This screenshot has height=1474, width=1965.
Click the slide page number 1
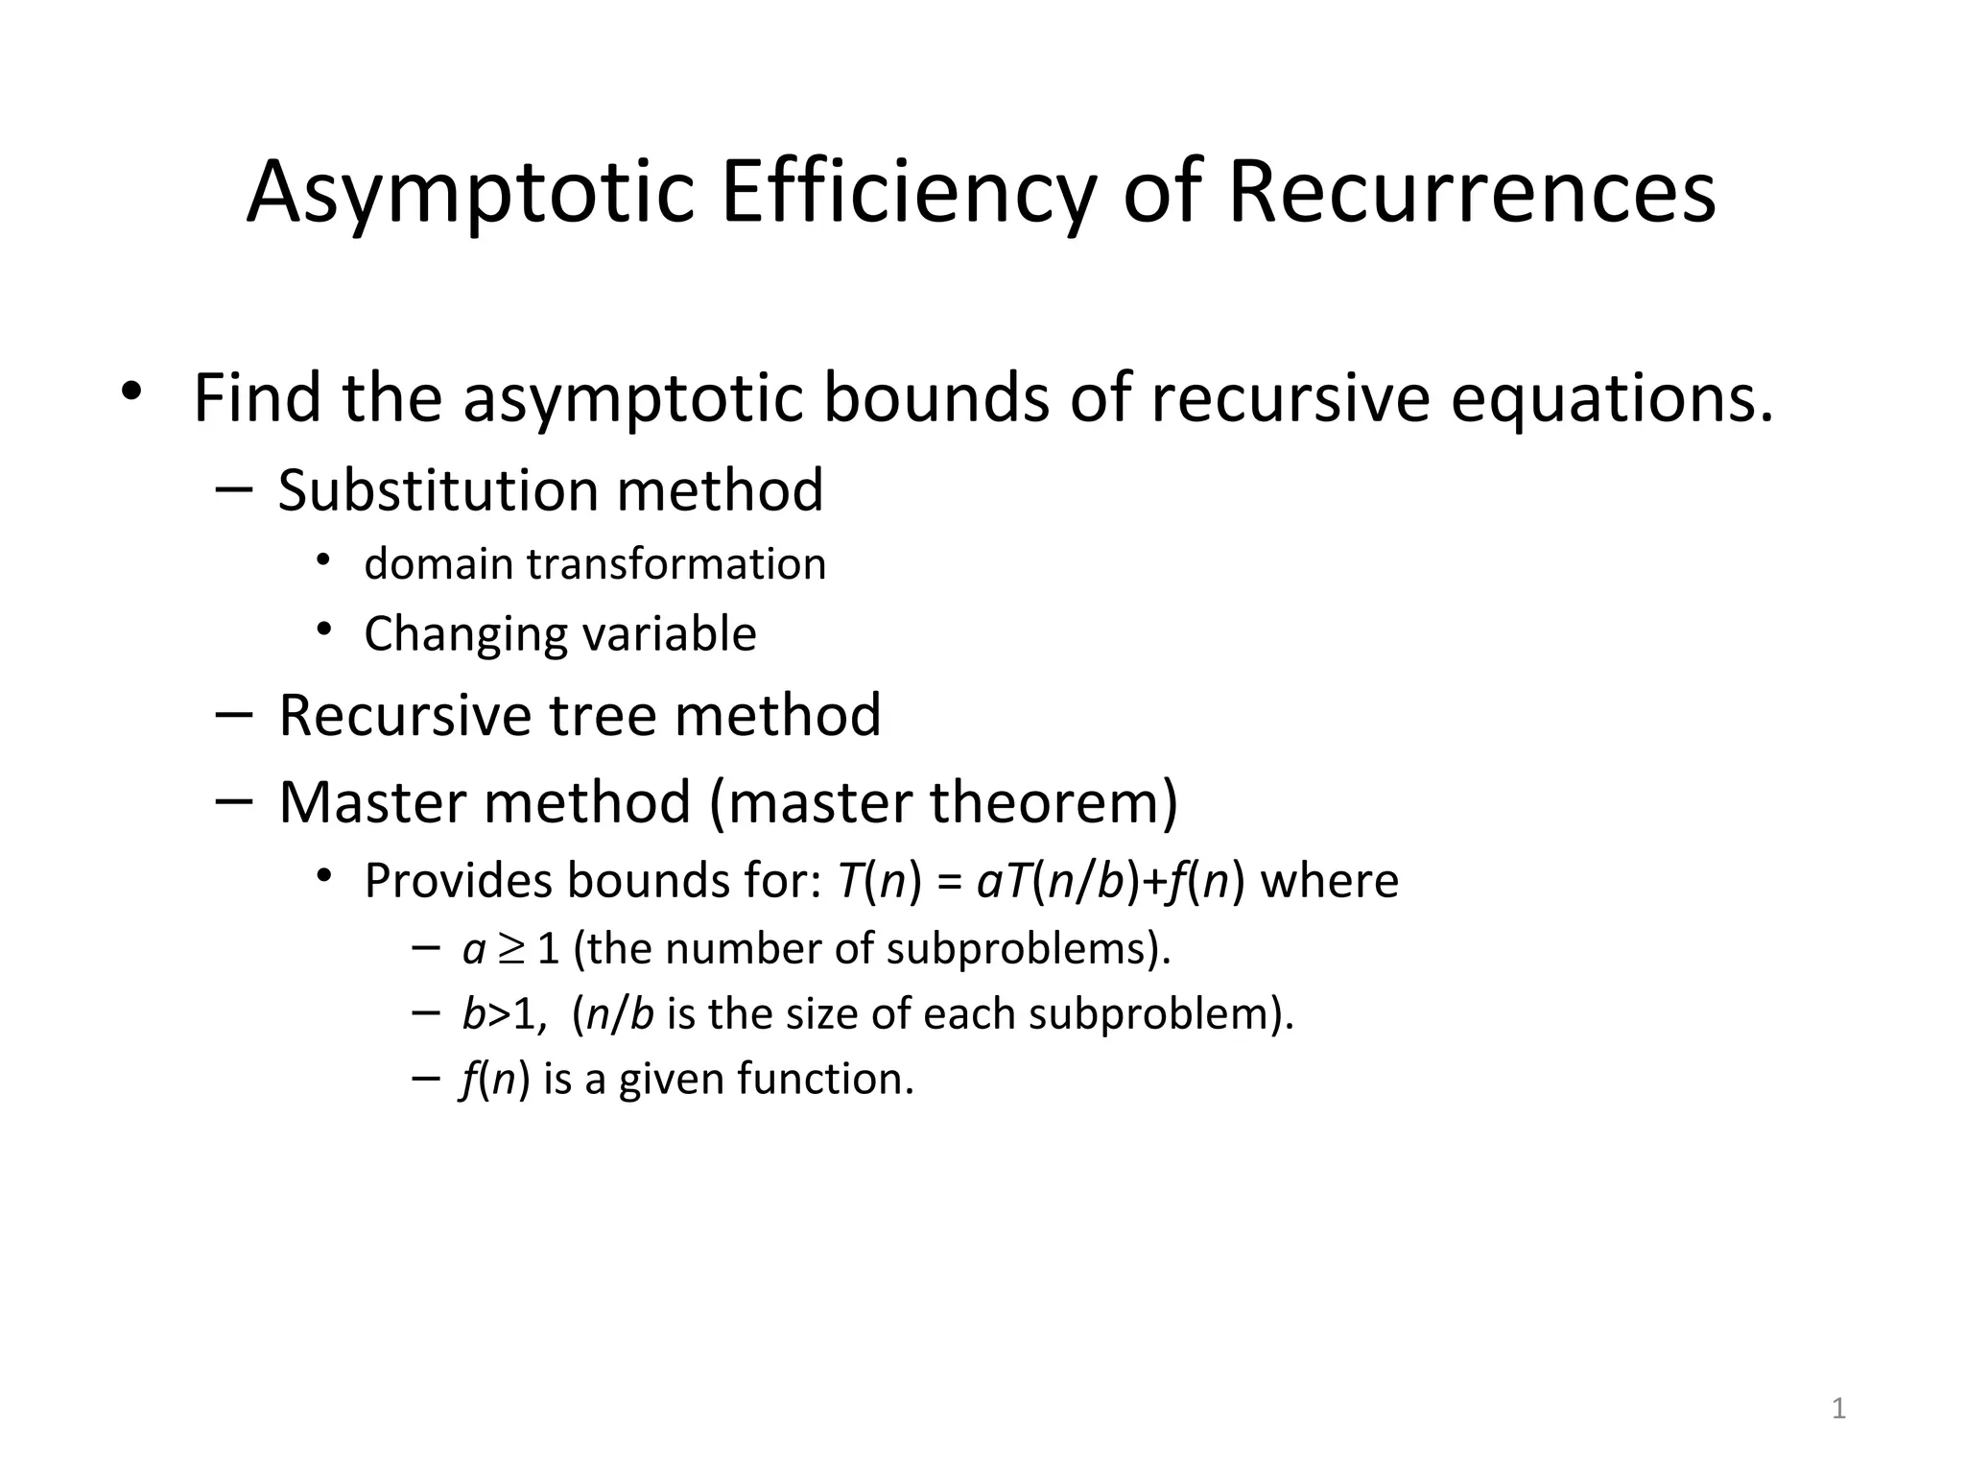coord(1838,1409)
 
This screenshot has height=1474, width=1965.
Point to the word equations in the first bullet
coord(1612,397)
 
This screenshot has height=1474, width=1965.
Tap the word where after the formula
coord(1329,880)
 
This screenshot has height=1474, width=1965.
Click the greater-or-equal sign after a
coord(512,949)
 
